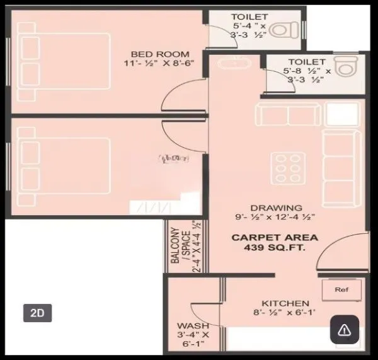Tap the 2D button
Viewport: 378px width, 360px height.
pos(38,312)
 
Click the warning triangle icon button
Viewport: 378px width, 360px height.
pos(344,329)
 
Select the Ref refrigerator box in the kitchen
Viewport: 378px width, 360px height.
pos(341,291)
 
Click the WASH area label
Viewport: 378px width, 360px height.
pos(189,326)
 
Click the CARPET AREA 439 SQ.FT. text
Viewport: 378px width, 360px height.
pos(275,243)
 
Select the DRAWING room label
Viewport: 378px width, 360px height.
pos(275,207)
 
